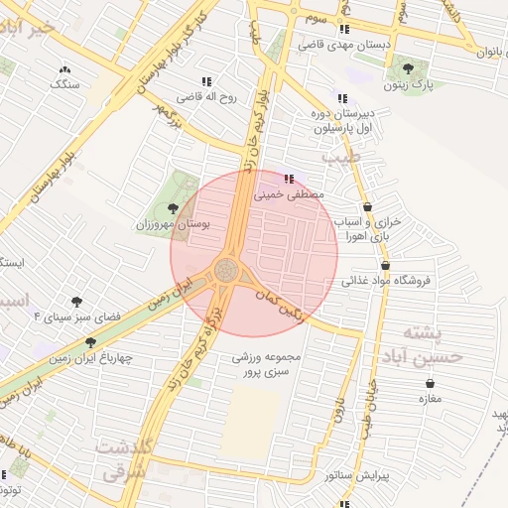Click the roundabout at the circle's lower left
click(x=226, y=270)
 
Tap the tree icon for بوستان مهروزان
click(x=175, y=208)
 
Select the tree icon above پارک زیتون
click(x=408, y=69)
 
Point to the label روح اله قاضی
click(x=203, y=98)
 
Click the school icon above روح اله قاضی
click(x=206, y=81)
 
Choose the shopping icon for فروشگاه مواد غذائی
click(x=385, y=265)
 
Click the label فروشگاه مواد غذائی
click(x=387, y=281)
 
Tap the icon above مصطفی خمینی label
click(x=289, y=180)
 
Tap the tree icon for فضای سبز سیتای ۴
click(x=75, y=301)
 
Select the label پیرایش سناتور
click(x=358, y=476)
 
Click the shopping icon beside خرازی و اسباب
click(x=369, y=206)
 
